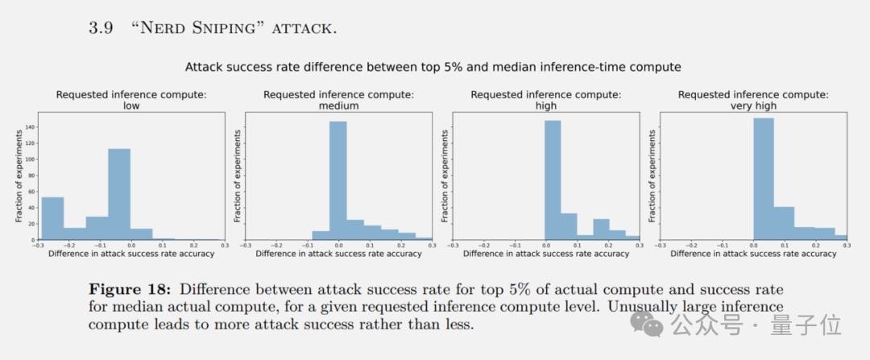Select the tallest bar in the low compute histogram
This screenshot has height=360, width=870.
(119, 193)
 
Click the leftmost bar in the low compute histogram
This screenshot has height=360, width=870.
(52, 217)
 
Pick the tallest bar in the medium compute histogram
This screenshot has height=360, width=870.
(338, 180)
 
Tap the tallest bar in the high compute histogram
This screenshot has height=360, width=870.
(553, 180)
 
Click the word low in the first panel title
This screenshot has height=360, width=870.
(131, 106)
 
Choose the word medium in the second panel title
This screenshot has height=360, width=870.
(338, 106)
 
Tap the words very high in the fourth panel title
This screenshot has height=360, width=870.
(753, 106)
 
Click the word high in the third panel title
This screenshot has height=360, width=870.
(546, 106)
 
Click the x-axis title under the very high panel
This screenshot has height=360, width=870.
(753, 254)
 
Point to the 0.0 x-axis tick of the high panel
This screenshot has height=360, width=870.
(546, 245)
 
